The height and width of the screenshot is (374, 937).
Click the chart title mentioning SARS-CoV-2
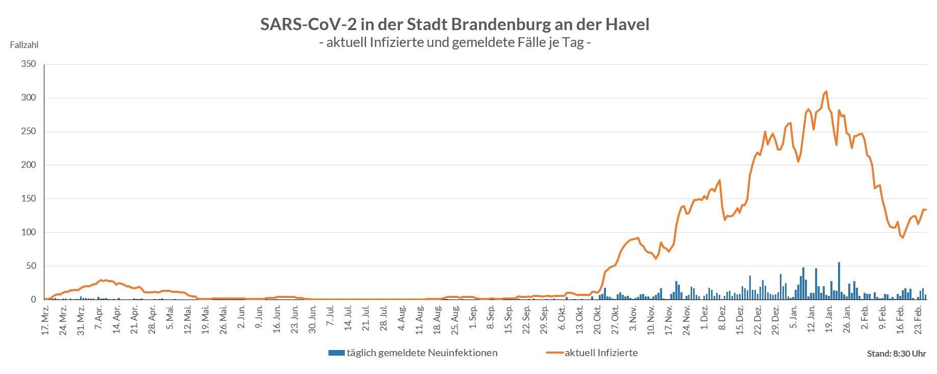[x=454, y=24]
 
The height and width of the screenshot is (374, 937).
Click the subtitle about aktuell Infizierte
[x=454, y=43]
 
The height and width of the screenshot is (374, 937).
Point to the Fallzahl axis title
[x=24, y=45]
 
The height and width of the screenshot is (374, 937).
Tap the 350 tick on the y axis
[x=29, y=64]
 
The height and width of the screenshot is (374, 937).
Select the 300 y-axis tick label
[x=29, y=98]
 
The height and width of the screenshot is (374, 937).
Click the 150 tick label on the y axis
[x=29, y=199]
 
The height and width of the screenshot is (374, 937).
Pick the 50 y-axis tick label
[x=31, y=266]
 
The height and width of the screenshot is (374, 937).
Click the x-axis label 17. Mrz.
[x=45, y=319]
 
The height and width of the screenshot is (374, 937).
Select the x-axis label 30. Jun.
[x=313, y=319]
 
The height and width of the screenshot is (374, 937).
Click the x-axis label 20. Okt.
[x=597, y=319]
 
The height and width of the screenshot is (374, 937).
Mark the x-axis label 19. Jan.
[x=829, y=319]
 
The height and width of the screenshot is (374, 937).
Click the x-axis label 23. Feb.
[x=918, y=319]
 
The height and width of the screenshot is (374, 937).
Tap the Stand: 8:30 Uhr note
[x=896, y=354]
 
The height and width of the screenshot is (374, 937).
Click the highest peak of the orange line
[x=826, y=92]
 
